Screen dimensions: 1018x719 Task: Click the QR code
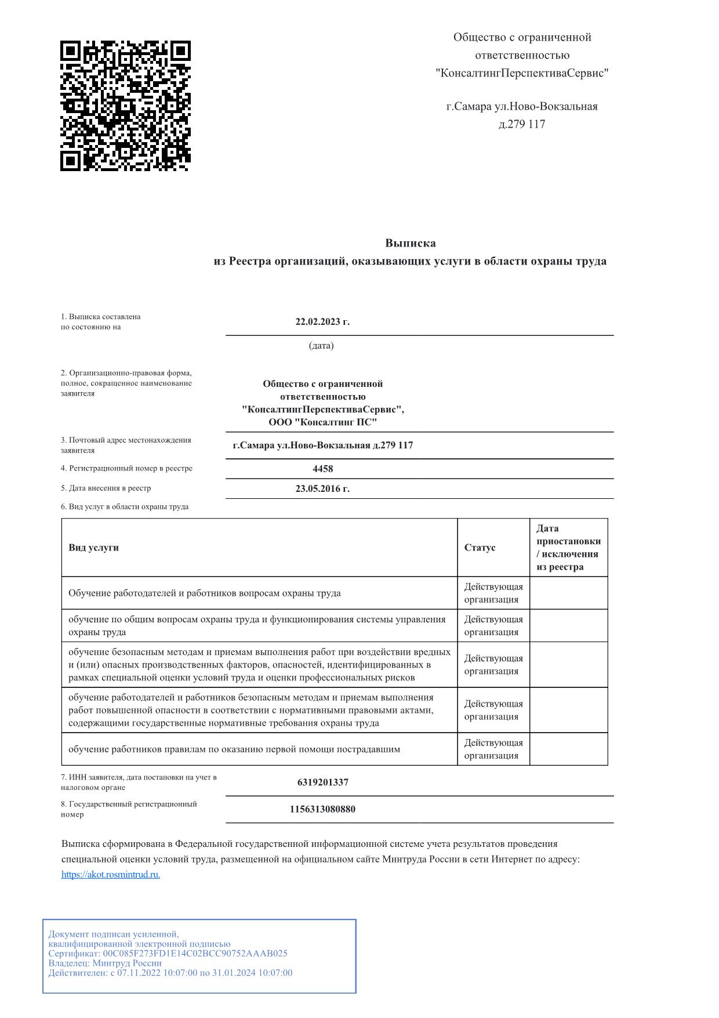coord(125,106)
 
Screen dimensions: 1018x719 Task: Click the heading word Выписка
coord(410,243)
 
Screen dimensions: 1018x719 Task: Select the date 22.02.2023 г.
coord(322,322)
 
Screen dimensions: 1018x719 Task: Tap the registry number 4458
coord(322,469)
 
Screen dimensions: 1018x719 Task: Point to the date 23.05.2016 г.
coord(322,488)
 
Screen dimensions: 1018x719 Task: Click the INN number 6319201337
coord(322,782)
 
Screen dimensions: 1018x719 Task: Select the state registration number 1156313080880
coord(322,809)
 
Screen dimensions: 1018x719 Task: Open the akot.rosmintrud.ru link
coord(111,874)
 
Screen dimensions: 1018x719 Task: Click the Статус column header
coord(480,548)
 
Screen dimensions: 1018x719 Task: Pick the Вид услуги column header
coord(93,548)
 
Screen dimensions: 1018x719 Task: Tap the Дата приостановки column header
coord(568,547)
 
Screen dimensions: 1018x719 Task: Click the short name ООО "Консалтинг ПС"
coord(322,422)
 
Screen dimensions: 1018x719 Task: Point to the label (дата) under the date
coord(321,346)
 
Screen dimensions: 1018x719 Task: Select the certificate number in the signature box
coord(195,953)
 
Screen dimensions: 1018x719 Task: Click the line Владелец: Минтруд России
coord(105,963)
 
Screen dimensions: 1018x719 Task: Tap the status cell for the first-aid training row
coord(493,749)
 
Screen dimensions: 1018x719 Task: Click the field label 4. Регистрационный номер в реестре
coord(126,468)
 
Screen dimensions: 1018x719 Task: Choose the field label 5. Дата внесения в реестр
coord(106,488)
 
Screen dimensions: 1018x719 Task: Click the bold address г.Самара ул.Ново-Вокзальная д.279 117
coord(322,445)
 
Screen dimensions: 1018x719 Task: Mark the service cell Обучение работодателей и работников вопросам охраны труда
coord(204,593)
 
